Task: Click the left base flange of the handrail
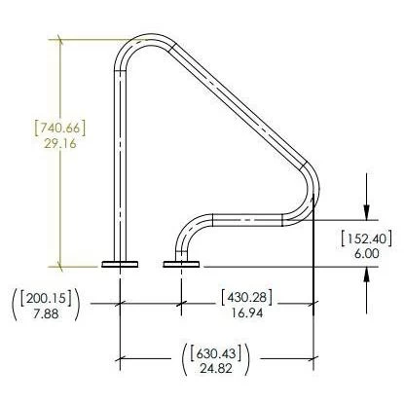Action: click(x=120, y=263)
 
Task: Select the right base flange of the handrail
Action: click(x=181, y=263)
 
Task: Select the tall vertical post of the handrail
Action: click(x=120, y=165)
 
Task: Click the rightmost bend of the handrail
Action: click(x=311, y=190)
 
